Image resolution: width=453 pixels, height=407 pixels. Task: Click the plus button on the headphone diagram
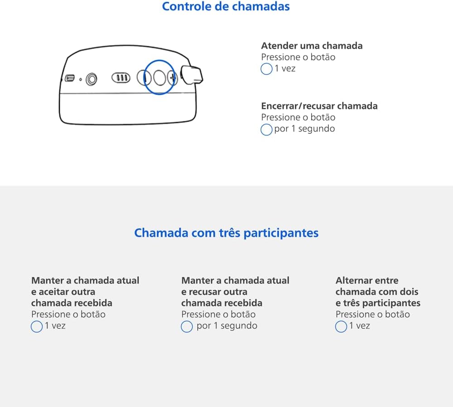click(173, 78)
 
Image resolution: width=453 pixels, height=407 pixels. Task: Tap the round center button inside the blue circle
click(159, 78)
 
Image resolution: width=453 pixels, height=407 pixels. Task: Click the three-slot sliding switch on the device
click(121, 78)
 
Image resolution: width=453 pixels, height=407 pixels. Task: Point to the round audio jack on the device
click(92, 79)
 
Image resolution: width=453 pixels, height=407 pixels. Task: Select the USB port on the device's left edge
click(70, 78)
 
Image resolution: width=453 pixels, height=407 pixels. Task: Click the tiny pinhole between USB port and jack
click(81, 79)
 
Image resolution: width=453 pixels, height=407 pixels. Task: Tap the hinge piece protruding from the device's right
click(191, 75)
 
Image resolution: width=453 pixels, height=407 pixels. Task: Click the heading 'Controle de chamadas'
click(226, 6)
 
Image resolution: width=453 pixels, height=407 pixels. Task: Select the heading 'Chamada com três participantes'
click(226, 233)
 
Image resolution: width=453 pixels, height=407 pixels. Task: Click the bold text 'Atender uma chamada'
click(312, 46)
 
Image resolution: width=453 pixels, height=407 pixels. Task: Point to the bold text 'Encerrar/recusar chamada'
click(319, 106)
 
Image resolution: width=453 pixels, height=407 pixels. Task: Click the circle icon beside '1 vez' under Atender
click(266, 69)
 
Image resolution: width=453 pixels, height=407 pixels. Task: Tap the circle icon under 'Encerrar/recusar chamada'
click(266, 129)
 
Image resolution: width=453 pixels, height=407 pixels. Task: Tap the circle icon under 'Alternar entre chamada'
click(341, 327)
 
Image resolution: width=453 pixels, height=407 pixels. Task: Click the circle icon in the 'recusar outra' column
click(187, 327)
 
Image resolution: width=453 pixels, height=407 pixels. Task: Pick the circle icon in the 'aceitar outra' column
click(37, 327)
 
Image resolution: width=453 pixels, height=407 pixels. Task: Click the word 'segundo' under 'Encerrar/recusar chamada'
click(316, 128)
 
